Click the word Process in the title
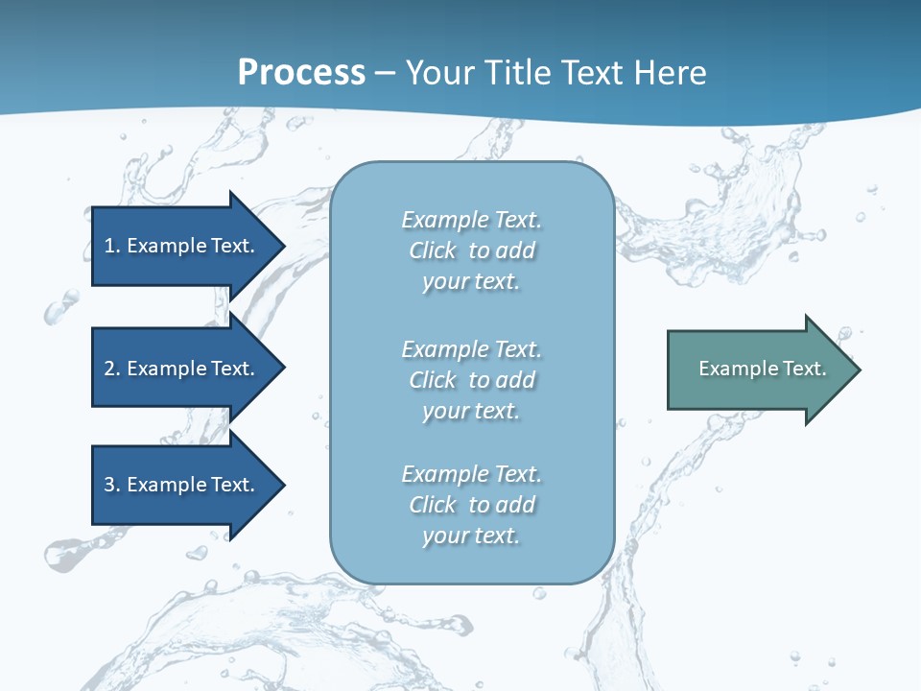point(301,73)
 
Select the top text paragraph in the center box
point(471,250)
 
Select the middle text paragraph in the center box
point(471,380)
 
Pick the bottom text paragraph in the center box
point(471,505)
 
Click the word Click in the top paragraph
point(433,250)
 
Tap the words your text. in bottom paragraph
point(471,536)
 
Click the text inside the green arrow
point(762,369)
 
